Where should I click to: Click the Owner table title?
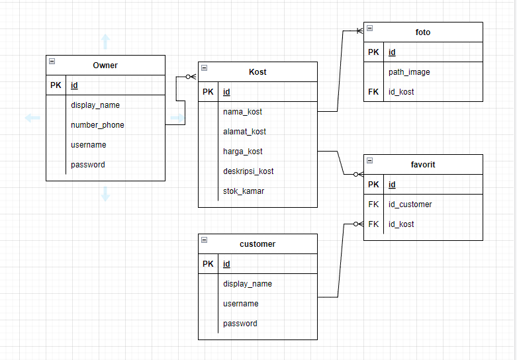coord(105,65)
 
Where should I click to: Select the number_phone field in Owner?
coord(97,125)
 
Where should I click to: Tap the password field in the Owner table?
coord(88,165)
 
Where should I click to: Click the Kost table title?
coord(258,71)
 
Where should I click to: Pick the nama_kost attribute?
coord(242,112)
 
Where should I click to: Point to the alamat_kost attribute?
coord(244,132)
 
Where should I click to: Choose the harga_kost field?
coord(243,152)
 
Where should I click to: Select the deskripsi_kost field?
coord(248,171)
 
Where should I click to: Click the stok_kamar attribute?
coord(243,191)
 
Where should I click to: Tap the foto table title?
coord(423,32)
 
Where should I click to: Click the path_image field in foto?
coord(409,72)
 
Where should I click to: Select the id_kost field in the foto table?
coord(401,92)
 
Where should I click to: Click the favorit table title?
coord(423,164)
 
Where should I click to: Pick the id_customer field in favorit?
coord(410,204)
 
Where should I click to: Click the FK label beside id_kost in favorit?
coord(373,224)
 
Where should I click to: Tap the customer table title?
coord(258,244)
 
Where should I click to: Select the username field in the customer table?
coord(240,304)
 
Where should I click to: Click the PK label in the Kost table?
coord(208,92)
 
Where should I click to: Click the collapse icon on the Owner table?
coord(52,62)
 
